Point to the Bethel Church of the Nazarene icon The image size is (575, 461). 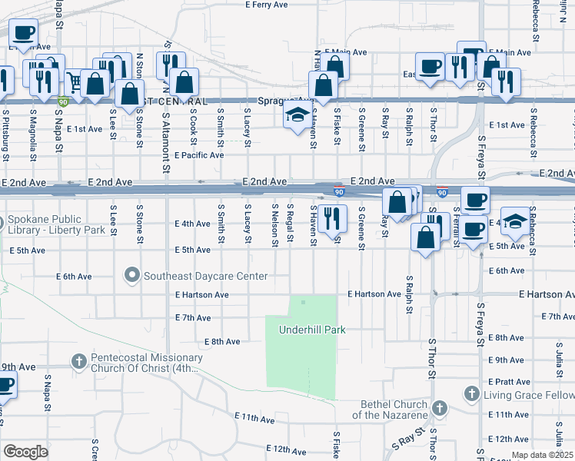(439, 408)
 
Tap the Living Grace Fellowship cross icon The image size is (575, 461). (471, 394)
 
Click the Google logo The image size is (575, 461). (25, 452)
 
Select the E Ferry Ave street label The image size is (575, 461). (266, 5)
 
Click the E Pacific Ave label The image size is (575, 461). (198, 155)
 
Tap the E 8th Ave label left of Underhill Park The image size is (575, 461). (223, 341)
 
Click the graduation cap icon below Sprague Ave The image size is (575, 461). (297, 118)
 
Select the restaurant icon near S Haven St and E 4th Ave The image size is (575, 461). (332, 217)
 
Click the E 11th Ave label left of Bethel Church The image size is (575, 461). (254, 420)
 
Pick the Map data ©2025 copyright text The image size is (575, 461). (543, 455)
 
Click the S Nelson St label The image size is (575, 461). (274, 225)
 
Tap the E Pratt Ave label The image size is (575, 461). (509, 382)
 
